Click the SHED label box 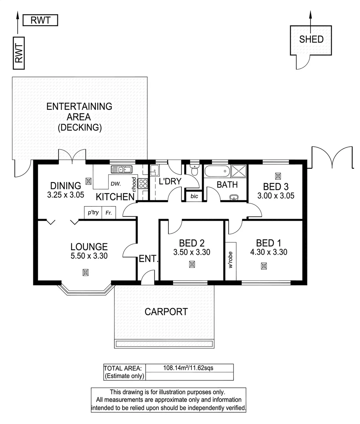(x=311, y=40)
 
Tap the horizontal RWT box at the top (x=40, y=20)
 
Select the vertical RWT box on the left (x=18, y=53)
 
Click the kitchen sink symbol (x=123, y=170)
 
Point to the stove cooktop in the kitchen (x=143, y=183)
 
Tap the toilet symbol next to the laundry (x=194, y=170)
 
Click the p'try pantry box (x=93, y=213)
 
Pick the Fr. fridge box (x=108, y=213)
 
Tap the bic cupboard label (x=194, y=196)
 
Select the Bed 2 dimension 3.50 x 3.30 (x=192, y=252)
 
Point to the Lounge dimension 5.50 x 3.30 (x=89, y=256)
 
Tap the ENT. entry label (x=148, y=259)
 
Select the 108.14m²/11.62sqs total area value (x=188, y=368)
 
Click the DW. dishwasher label (x=115, y=183)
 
